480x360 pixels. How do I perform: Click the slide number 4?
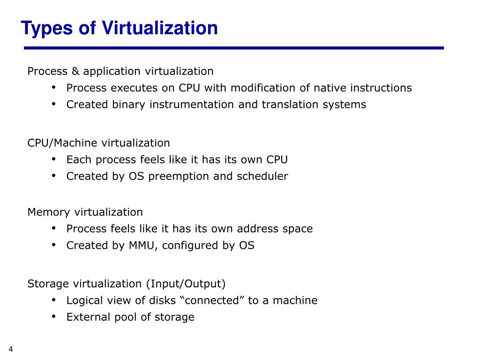coord(11,349)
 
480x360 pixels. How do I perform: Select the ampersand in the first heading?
coord(76,71)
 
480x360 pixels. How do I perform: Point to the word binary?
coord(129,105)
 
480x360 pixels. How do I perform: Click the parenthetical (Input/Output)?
coord(186,284)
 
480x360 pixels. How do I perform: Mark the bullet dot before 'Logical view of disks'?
coord(54,300)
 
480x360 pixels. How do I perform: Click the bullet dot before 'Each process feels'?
coord(54,159)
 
